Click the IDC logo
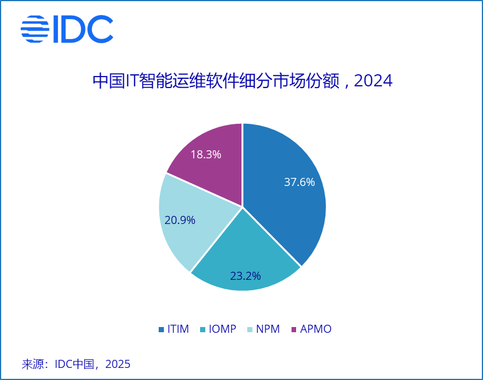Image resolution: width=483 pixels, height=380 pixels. coord(67,29)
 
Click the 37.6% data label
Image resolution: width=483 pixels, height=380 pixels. coord(300,183)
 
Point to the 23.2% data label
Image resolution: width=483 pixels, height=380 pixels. coord(245,276)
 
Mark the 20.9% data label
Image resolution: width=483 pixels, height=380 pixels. coord(180,220)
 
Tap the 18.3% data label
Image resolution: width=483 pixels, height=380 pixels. coord(206,154)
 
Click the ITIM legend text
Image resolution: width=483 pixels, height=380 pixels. coord(178,329)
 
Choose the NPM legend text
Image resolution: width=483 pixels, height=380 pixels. coord(267,329)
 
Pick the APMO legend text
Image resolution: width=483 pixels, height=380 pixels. coord(316,329)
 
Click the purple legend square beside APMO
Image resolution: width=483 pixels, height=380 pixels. coord(295,330)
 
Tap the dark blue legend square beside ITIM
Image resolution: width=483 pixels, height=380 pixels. coord(161,330)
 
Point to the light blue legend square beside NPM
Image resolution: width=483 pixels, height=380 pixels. coord(250,330)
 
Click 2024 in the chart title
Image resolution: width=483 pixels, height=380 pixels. coord(373,81)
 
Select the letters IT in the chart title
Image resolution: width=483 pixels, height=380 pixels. coord(132,81)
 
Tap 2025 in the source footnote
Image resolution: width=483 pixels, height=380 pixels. coord(118,364)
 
